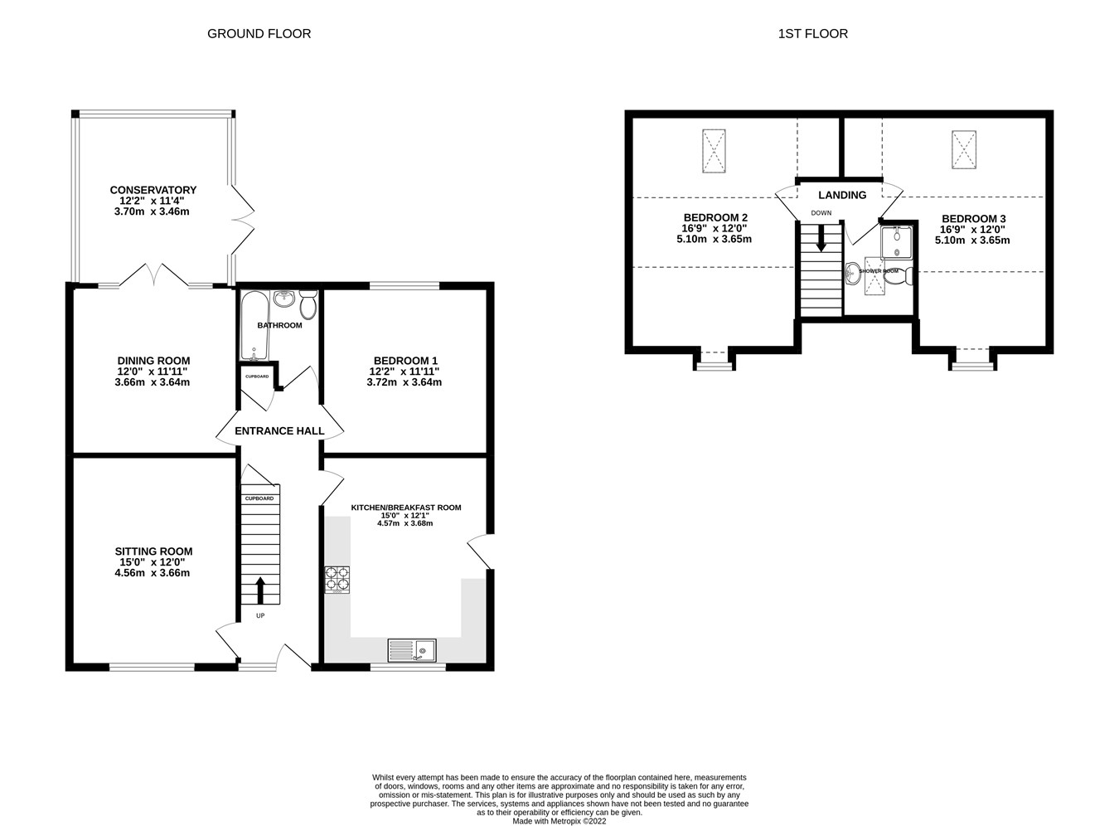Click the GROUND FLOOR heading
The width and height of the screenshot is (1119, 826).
click(x=259, y=34)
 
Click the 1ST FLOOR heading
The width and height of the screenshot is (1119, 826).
click(x=812, y=34)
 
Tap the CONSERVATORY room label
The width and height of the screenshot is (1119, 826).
click(x=153, y=190)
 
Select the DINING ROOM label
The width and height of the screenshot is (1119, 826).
click(x=153, y=361)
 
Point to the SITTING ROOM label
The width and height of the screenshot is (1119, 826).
click(x=153, y=551)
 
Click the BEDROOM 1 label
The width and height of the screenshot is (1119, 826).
click(x=404, y=361)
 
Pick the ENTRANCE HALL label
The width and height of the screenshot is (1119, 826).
click(x=279, y=431)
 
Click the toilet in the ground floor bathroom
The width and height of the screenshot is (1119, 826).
click(x=308, y=306)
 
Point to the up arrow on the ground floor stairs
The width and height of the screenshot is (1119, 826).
click(x=261, y=590)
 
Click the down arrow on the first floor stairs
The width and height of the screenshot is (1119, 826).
click(x=821, y=239)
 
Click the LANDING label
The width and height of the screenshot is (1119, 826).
click(x=842, y=196)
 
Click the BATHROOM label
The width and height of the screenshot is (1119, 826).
click(x=279, y=325)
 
